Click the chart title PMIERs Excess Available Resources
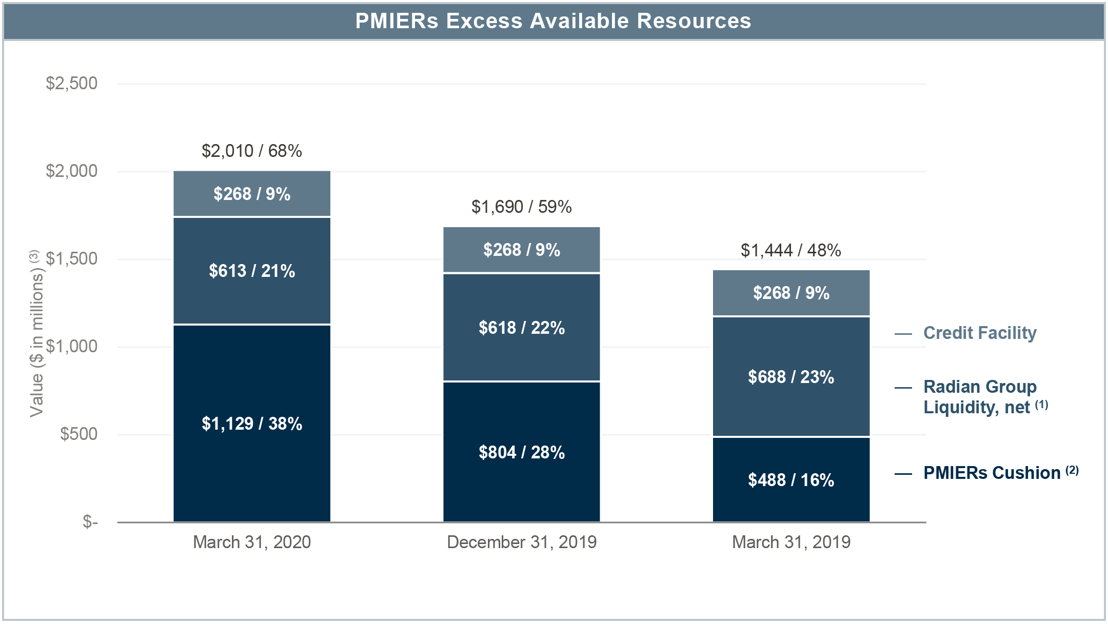click(x=553, y=21)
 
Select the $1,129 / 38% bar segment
click(x=252, y=424)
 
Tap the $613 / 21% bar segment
click(x=252, y=271)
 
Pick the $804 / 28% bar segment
click(x=522, y=452)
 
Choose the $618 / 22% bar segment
click(x=522, y=328)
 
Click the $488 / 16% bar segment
click(x=791, y=480)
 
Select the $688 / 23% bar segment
click(x=791, y=377)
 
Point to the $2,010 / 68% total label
click(x=252, y=151)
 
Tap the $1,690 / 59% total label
click(x=522, y=207)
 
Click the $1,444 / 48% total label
click(x=791, y=250)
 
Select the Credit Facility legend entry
click(x=979, y=333)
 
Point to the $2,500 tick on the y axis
click(x=72, y=83)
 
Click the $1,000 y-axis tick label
click(x=72, y=347)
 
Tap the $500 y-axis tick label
click(x=78, y=434)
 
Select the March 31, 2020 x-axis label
click(x=252, y=542)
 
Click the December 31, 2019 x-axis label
click(x=522, y=542)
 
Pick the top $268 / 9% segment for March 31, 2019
click(x=791, y=293)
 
